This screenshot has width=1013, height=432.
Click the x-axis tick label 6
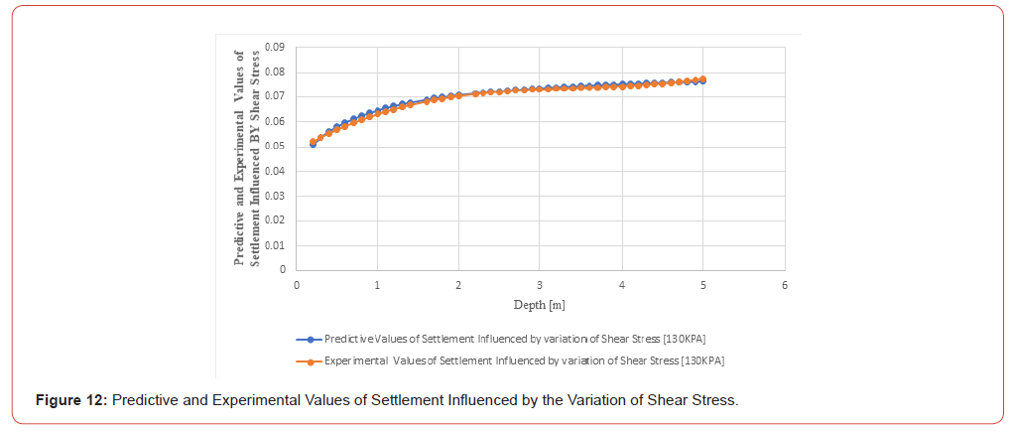[x=784, y=285]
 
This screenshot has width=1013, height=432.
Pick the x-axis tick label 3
[x=540, y=285]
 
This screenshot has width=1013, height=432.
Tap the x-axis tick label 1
[x=377, y=285]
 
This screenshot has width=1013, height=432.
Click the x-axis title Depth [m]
[x=540, y=305]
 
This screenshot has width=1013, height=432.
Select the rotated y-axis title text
[x=245, y=158]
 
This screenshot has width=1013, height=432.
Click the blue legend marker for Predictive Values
[x=311, y=339]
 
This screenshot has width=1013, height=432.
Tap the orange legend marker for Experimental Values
[x=311, y=361]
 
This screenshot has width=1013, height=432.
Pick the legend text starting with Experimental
[x=525, y=361]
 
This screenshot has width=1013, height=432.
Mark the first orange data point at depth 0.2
[x=313, y=142]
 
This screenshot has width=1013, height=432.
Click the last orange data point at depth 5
[x=702, y=78]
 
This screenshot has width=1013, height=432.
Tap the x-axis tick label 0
[x=296, y=285]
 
